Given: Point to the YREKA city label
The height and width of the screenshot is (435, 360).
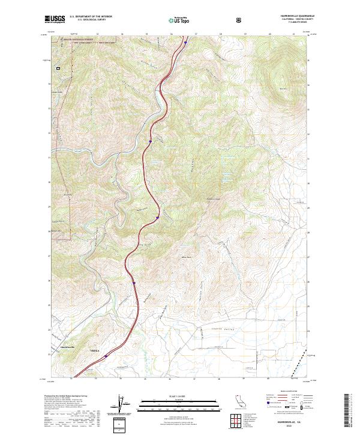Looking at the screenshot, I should click(93, 349).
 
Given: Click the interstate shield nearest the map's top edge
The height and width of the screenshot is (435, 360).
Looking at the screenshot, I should click(185, 43).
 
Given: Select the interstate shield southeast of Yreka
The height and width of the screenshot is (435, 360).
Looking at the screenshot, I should click(106, 356).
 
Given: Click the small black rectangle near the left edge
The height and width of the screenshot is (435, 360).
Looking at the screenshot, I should click(58, 68).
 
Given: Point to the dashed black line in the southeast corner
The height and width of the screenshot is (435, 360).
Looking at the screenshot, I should click(293, 372).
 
